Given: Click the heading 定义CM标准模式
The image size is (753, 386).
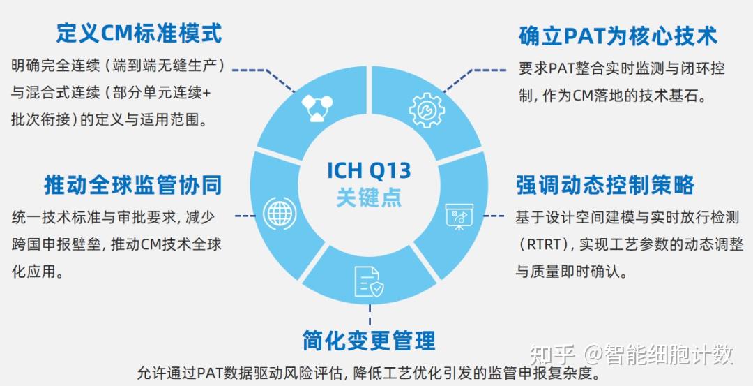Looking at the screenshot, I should [x=139, y=33].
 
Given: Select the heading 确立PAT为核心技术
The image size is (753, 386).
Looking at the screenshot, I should [x=617, y=36].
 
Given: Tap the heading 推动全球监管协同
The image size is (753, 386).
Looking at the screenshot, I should [x=132, y=184].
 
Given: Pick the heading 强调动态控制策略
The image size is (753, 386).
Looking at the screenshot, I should [x=604, y=184].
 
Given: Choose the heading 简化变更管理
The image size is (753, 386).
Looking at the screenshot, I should [x=369, y=341].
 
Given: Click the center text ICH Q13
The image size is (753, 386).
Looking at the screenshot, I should [x=369, y=170].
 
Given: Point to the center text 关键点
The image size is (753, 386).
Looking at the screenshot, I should [x=369, y=198].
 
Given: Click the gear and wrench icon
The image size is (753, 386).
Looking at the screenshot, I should [x=426, y=110].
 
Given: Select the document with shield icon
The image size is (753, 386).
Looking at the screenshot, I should [x=368, y=281].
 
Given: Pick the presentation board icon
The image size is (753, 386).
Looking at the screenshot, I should [x=459, y=216].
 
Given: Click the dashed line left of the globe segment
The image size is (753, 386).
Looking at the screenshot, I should [x=244, y=216].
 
